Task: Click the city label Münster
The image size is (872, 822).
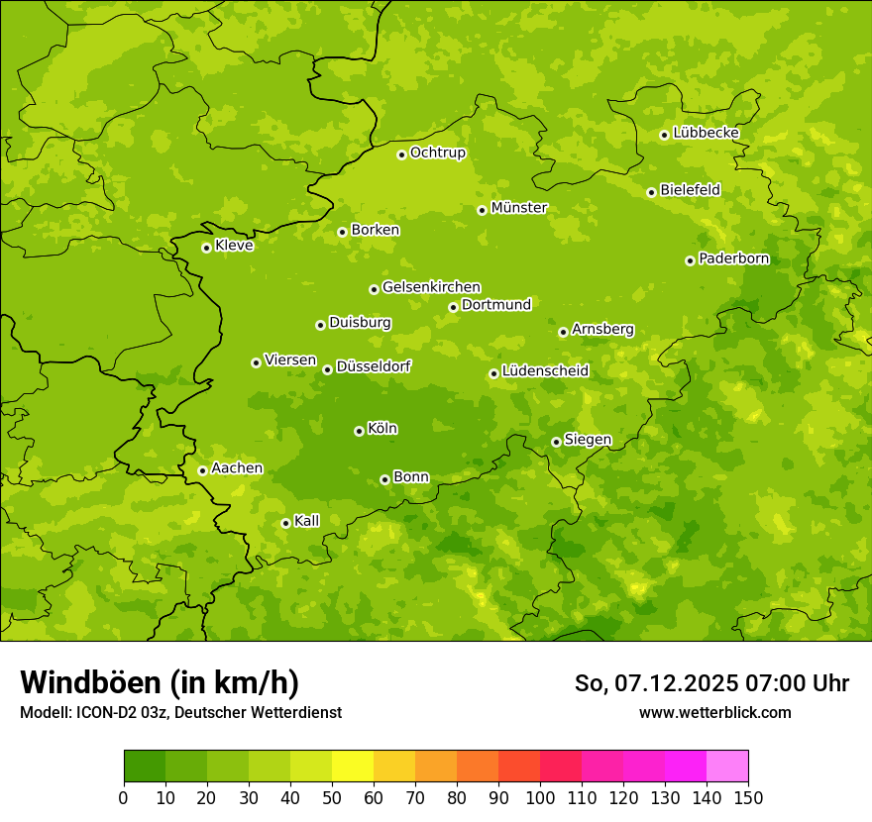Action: pyautogui.click(x=519, y=208)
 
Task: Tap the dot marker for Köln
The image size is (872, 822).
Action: pyautogui.click(x=359, y=431)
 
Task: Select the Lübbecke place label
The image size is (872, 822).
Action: pyautogui.click(x=707, y=133)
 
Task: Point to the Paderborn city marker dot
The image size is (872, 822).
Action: pyautogui.click(x=690, y=260)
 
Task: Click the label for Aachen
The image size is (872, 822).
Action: pyautogui.click(x=237, y=468)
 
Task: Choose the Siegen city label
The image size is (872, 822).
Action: pyautogui.click(x=588, y=440)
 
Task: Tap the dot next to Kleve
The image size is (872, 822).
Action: pyautogui.click(x=206, y=248)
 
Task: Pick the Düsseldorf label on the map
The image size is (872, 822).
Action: pyautogui.click(x=374, y=366)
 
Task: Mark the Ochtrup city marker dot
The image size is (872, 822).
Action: pyautogui.click(x=401, y=154)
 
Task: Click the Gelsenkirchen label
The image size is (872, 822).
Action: pyautogui.click(x=431, y=287)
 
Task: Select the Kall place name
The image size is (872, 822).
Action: pyautogui.click(x=307, y=521)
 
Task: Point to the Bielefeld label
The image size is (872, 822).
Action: pyautogui.click(x=691, y=189)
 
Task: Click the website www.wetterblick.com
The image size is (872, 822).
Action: pyautogui.click(x=714, y=712)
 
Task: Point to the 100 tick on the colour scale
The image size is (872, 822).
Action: pyautogui.click(x=540, y=798)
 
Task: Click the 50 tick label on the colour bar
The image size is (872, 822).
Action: pyautogui.click(x=332, y=798)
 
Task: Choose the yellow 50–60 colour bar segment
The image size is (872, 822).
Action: pyautogui.click(x=353, y=767)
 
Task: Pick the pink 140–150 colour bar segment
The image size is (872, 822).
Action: pyautogui.click(x=727, y=767)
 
